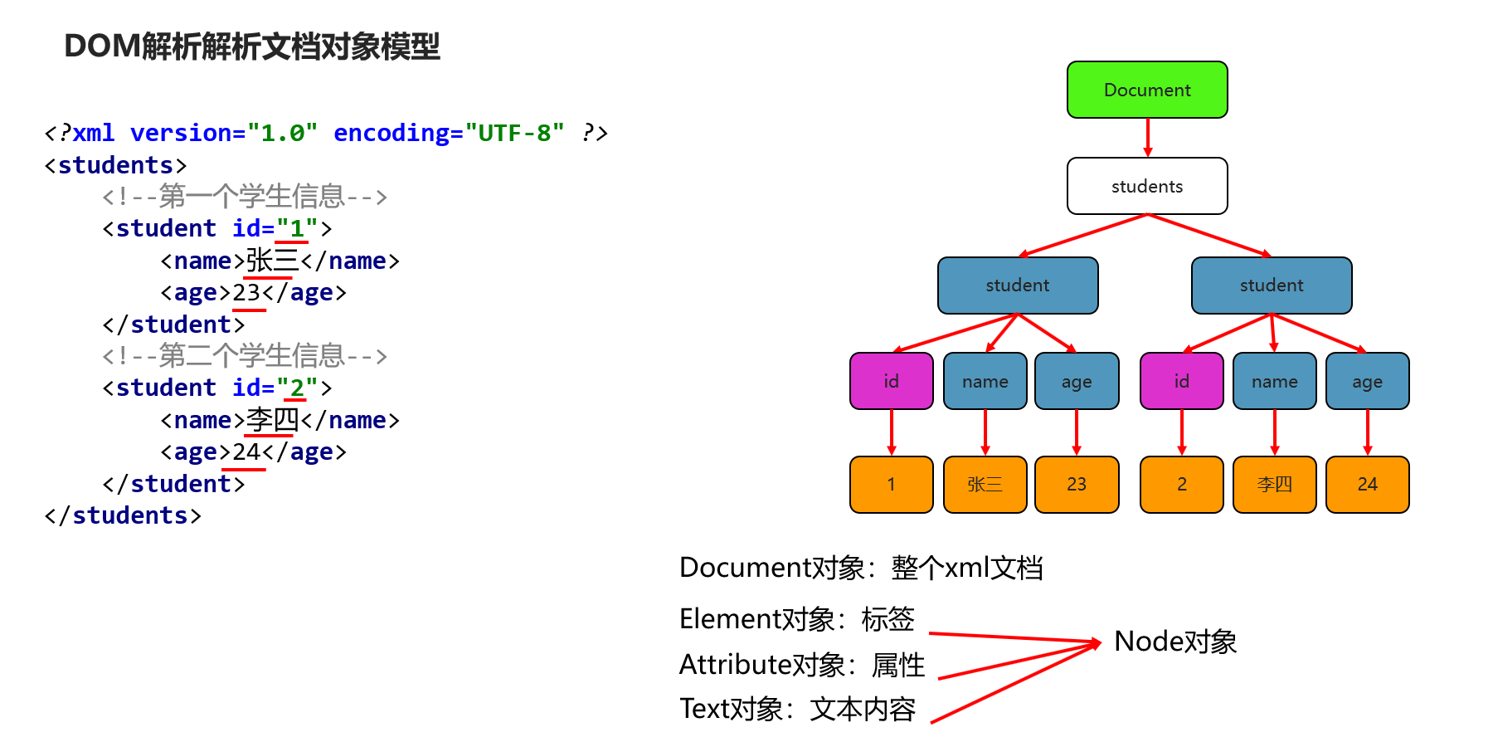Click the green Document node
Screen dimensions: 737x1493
[1147, 90]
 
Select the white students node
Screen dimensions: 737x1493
[1147, 186]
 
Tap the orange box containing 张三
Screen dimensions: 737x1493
[985, 485]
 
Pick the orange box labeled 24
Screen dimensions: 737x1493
[1367, 485]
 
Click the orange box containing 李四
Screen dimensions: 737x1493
[1274, 485]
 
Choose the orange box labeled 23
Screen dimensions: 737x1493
[1076, 485]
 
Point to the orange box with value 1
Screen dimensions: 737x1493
[891, 485]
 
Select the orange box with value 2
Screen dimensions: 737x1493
[1181, 485]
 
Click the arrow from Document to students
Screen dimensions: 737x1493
[1148, 138]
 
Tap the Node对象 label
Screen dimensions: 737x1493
[1175, 642]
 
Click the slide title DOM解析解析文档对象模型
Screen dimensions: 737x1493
[252, 46]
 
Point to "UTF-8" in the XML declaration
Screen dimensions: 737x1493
[514, 133]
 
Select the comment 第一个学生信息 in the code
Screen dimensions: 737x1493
[245, 197]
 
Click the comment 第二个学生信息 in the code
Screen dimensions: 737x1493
[245, 356]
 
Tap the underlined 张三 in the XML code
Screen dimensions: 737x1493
[272, 261]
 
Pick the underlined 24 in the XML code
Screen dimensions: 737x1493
[247, 452]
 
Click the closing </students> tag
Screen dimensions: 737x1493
[123, 515]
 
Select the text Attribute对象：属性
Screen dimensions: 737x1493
[802, 665]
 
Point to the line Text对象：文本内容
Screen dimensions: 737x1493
[798, 709]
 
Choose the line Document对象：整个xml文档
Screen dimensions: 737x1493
[861, 568]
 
